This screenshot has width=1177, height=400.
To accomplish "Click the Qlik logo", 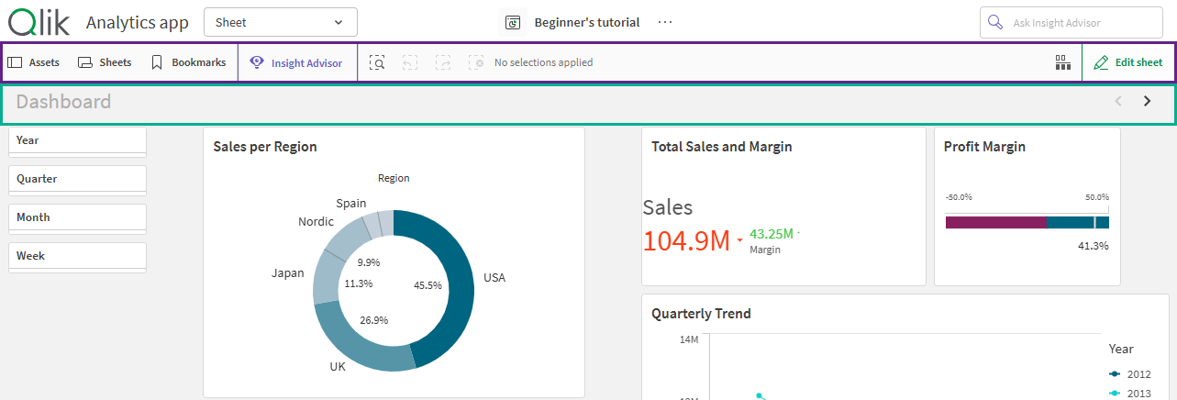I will pos(37,21).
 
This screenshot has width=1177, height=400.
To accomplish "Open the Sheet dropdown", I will pos(280,22).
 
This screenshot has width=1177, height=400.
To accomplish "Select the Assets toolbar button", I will pos(34,62).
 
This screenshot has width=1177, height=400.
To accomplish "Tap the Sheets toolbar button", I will pos(105,62).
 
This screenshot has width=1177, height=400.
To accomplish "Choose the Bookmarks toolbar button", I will pos(188,62).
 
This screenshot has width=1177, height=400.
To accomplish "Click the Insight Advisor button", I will pos(296,63).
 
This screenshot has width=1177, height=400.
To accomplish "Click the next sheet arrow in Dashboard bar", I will pos(1147,102).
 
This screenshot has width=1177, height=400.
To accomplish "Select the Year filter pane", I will pos(77,140).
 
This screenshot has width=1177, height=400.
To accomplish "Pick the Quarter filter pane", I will pos(77,179).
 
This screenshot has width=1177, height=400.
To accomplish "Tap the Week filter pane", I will pos(77,256).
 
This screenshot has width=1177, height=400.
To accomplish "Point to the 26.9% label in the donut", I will pos(373,320).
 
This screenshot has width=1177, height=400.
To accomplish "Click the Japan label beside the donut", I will pos(287,273).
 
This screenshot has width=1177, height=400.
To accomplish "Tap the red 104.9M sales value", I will pos(686,240).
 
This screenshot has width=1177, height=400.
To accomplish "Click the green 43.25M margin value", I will pos(771,234).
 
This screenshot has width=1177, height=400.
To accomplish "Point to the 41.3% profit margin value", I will pos(1093,246).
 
